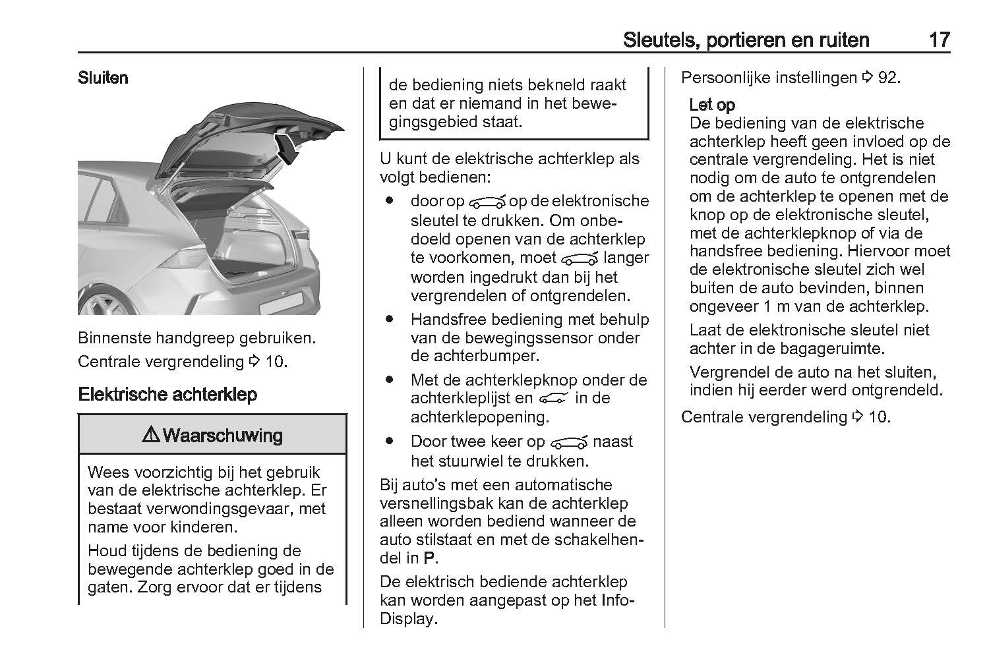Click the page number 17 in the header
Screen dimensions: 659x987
coord(939,40)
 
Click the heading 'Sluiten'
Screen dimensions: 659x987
coord(103,78)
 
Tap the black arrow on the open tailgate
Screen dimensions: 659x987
coord(287,147)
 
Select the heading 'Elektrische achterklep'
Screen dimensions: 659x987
coord(167,395)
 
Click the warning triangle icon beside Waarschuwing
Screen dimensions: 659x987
coord(151,435)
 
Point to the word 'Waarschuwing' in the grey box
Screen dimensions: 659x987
coord(222,435)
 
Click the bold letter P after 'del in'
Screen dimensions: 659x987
coord(429,558)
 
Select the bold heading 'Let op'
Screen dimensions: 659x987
coord(712,105)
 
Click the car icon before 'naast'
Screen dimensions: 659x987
coord(569,442)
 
